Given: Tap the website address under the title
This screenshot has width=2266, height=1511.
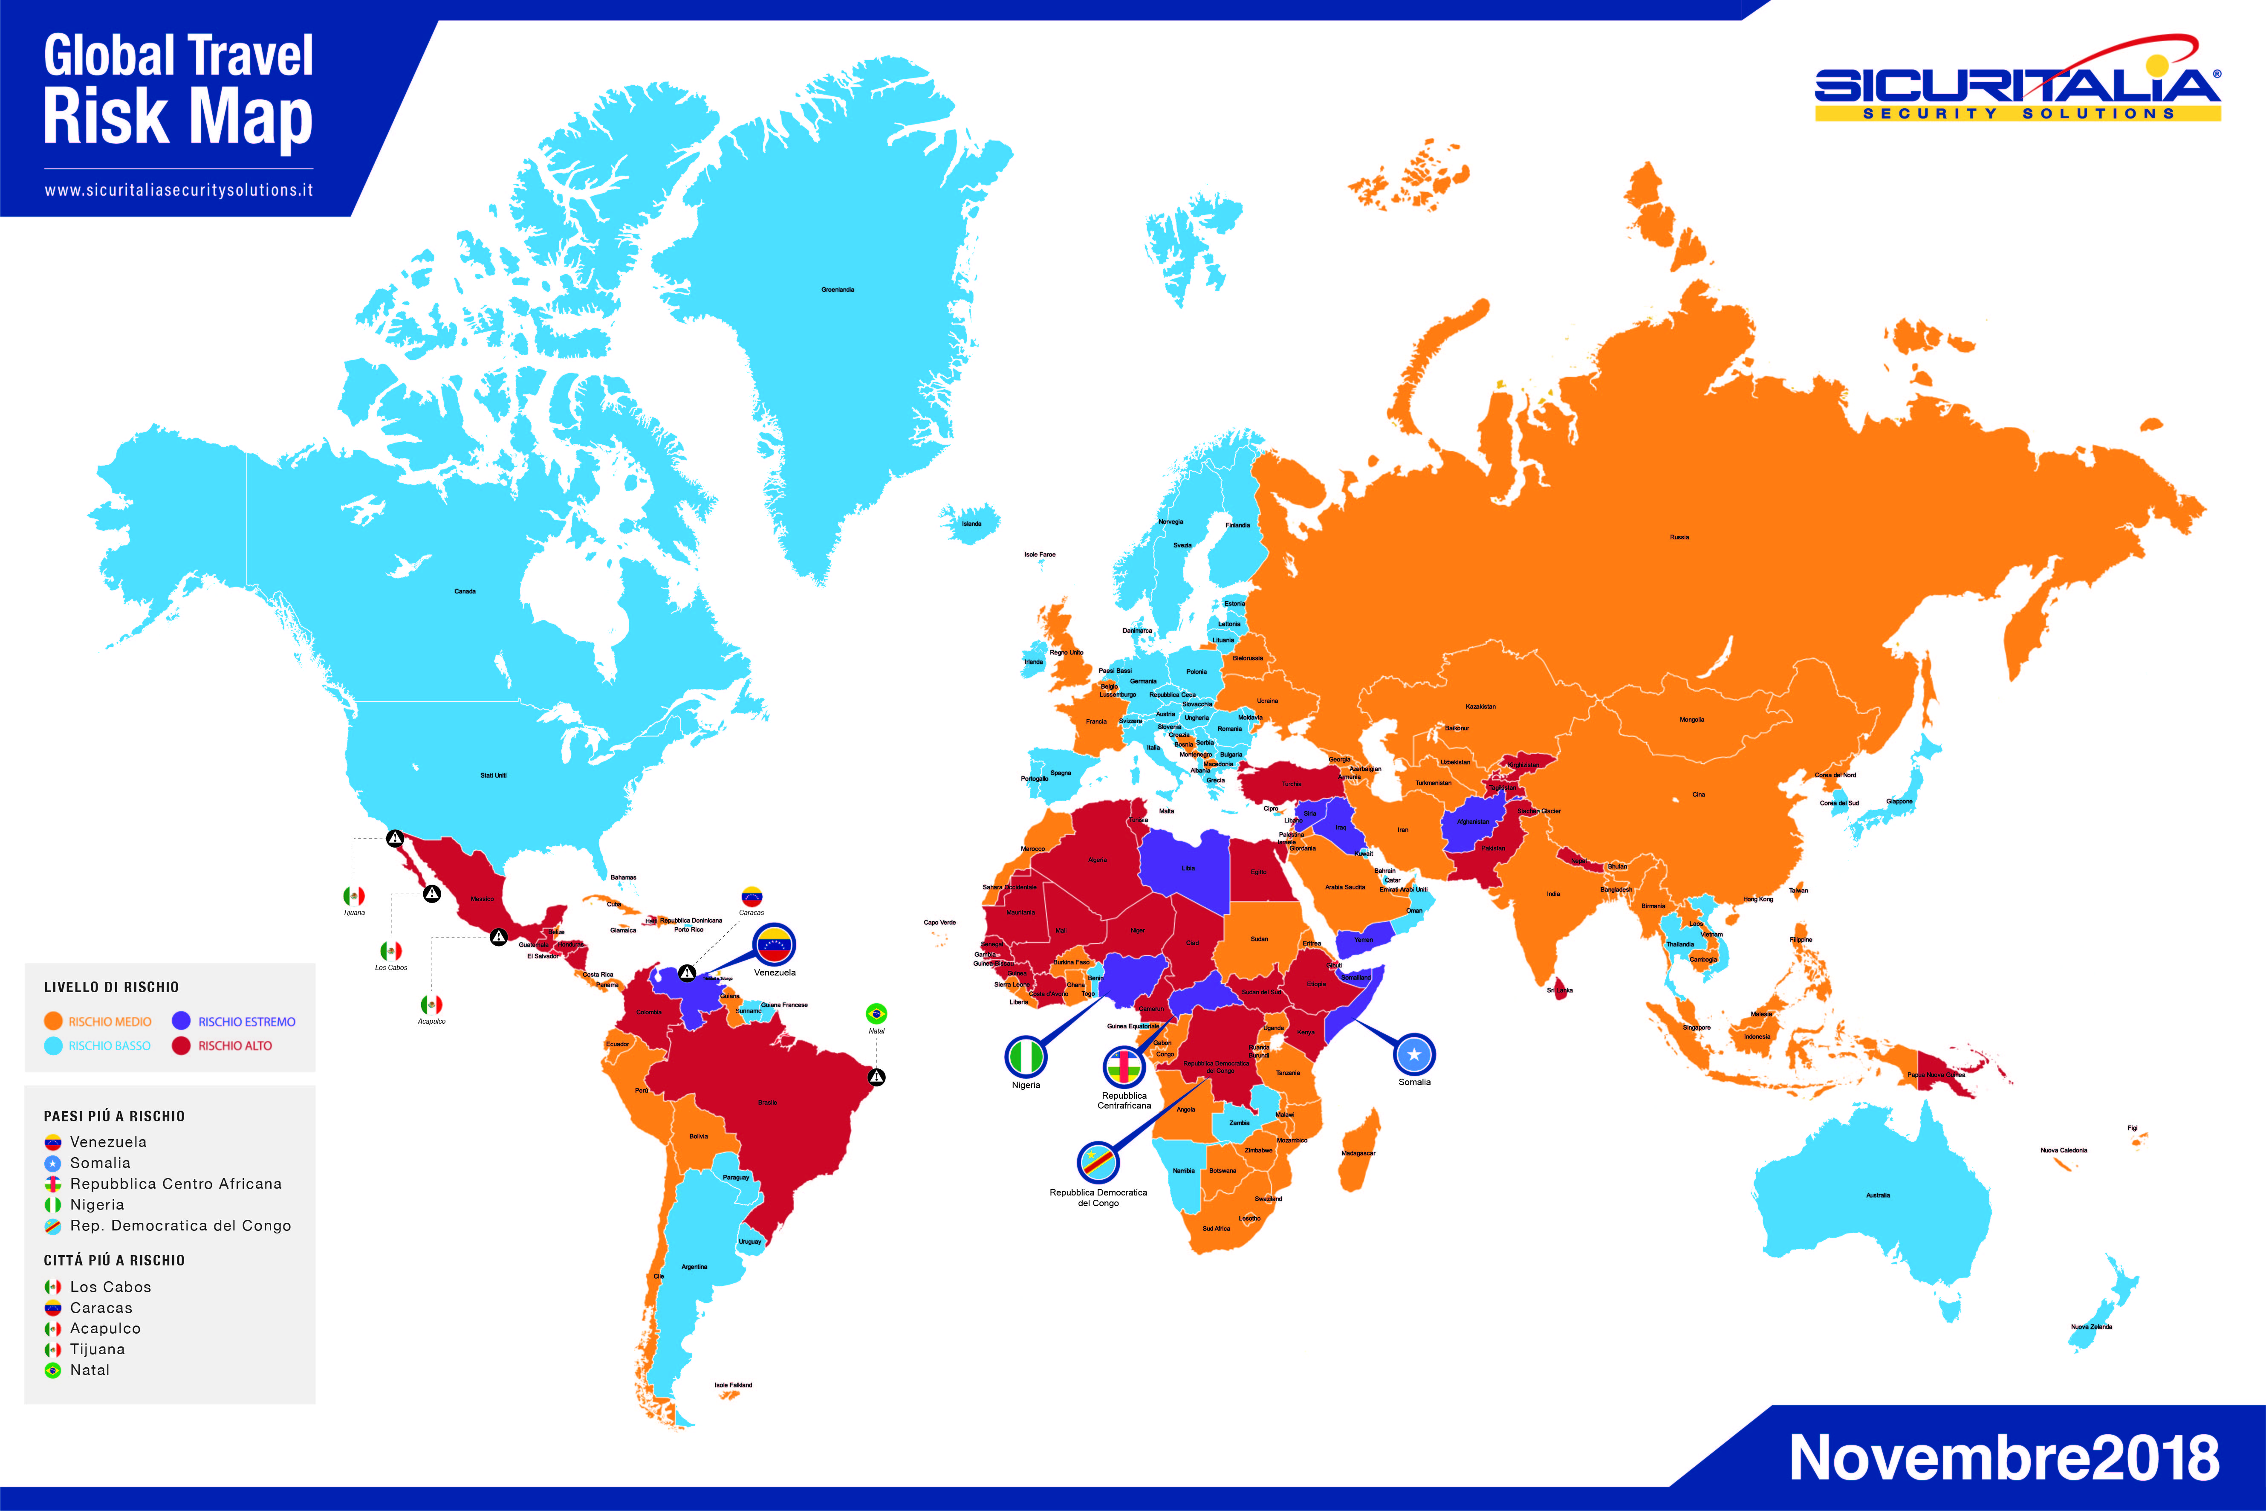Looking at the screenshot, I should coord(178,190).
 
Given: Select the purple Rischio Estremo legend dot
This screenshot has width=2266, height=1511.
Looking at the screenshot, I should coord(181,1021).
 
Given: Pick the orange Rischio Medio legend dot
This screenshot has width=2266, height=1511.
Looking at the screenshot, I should coord(53,1021).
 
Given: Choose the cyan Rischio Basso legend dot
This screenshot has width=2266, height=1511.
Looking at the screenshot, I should coord(53,1045).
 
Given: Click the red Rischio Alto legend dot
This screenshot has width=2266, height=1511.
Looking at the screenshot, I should coord(181,1045).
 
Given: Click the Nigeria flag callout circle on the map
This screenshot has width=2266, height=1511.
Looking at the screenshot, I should coord(1026,1057).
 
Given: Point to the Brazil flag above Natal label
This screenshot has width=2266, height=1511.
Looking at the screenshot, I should coord(876,1014).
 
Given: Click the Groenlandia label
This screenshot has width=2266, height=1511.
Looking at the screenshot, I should coord(837,289).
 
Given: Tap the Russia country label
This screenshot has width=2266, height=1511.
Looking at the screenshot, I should coord(1679,537).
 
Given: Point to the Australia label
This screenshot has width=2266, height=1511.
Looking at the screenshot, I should coord(1878,1195).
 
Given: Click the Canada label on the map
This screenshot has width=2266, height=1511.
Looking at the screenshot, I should coord(465,591).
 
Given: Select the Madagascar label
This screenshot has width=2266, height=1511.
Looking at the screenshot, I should coord(1358,1152).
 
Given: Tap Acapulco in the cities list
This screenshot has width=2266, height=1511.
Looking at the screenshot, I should coord(105,1328).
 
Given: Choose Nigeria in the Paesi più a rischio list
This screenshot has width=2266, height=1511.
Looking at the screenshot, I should coord(96,1204).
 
